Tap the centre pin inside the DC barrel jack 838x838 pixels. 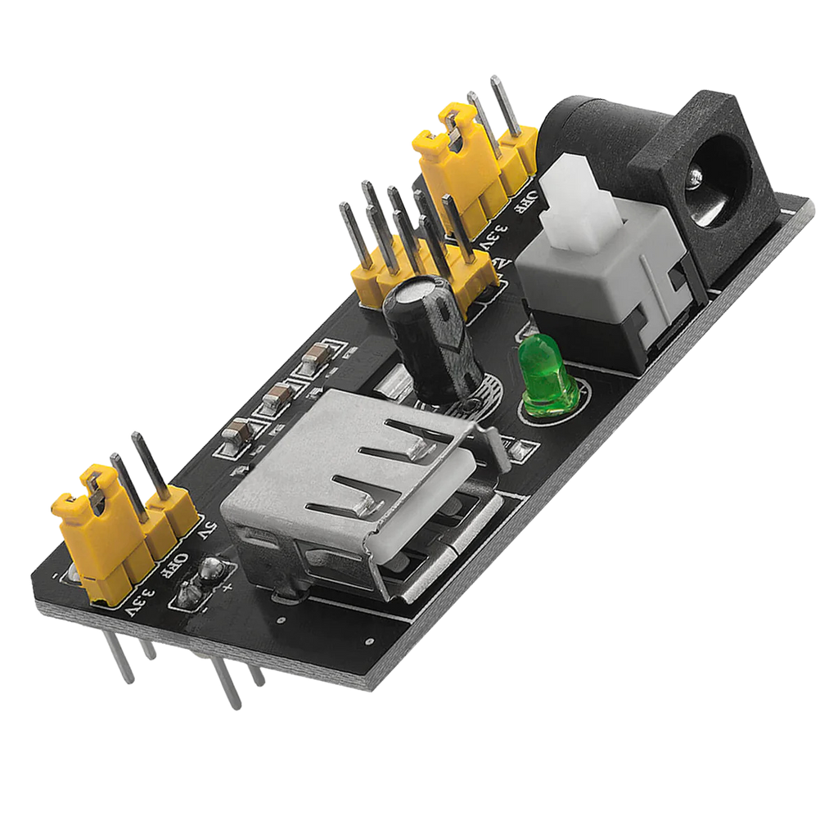[696, 176]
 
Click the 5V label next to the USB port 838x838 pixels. [205, 532]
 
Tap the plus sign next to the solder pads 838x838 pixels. [228, 584]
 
